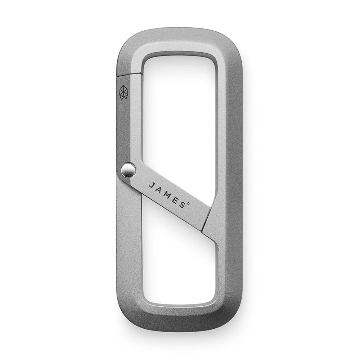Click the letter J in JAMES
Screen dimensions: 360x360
[x=152, y=185]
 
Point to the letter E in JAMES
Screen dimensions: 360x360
[x=175, y=199]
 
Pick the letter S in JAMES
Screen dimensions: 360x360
[x=182, y=204]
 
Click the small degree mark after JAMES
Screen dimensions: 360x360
[x=189, y=203]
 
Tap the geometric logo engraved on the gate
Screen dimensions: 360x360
[x=124, y=92]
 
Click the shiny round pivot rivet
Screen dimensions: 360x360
[x=128, y=170]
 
